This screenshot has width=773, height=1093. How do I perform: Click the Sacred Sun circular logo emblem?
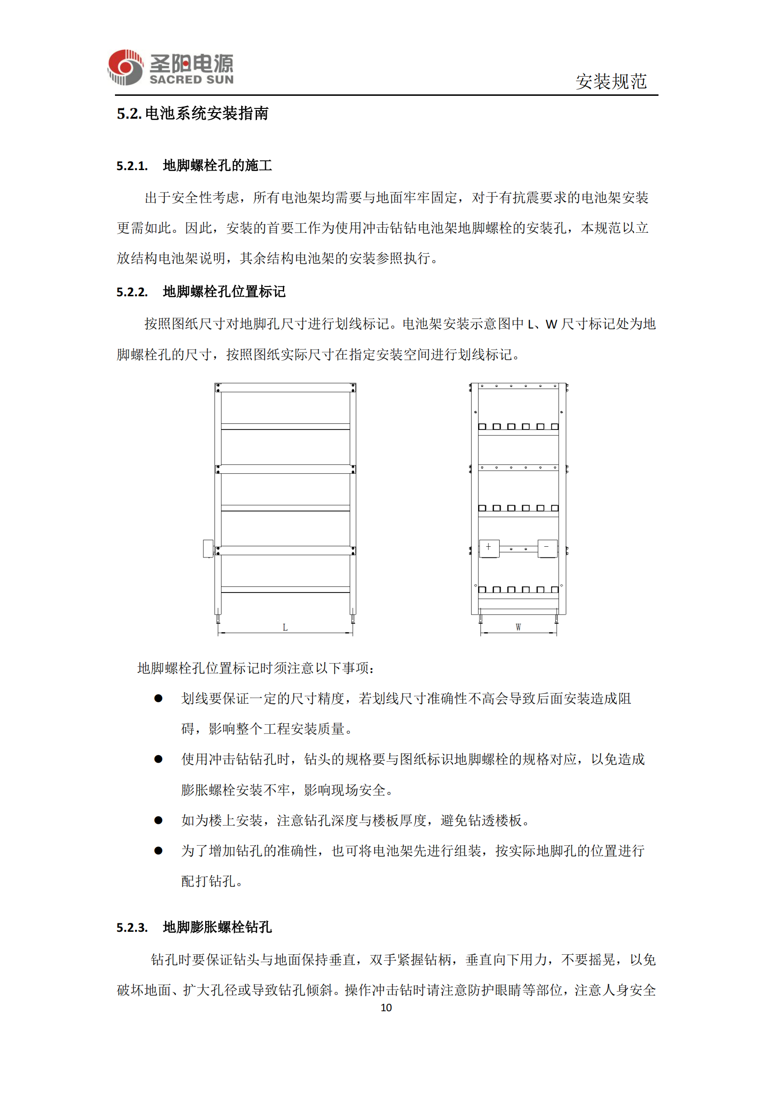coord(125,68)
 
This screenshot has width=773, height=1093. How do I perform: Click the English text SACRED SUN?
coord(191,79)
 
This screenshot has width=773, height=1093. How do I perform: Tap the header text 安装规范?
coord(611,81)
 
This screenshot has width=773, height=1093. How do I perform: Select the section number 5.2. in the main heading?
coord(129,114)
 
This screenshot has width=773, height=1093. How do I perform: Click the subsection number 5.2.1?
coord(132,166)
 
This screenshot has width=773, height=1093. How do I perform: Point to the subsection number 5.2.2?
coord(132,292)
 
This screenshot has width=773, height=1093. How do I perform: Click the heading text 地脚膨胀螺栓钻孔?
coord(217,927)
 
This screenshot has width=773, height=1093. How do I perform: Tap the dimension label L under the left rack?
coord(285,628)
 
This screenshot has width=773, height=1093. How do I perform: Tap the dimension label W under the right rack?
coord(518,628)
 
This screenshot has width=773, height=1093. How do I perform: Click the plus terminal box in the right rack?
coord(489,548)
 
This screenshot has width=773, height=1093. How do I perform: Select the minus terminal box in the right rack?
coord(547,548)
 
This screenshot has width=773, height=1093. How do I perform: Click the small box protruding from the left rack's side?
coord(208,548)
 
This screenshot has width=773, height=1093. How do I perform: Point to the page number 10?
coord(386,1008)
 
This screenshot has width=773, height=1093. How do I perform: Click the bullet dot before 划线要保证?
coord(158,698)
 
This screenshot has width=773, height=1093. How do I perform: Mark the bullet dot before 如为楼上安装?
coord(158,820)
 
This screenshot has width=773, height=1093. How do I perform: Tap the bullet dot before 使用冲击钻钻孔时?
coord(158,759)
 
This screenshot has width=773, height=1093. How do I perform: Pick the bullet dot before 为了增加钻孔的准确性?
coord(158,850)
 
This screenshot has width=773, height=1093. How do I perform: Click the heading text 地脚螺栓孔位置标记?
coord(224,291)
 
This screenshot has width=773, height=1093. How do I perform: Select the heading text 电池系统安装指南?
coord(207,113)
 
